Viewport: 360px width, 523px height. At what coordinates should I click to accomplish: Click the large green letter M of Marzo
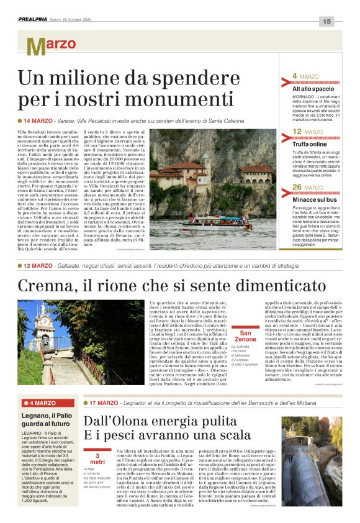(x=35, y=46)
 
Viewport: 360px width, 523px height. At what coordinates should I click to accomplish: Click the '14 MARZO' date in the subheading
(x=38, y=121)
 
